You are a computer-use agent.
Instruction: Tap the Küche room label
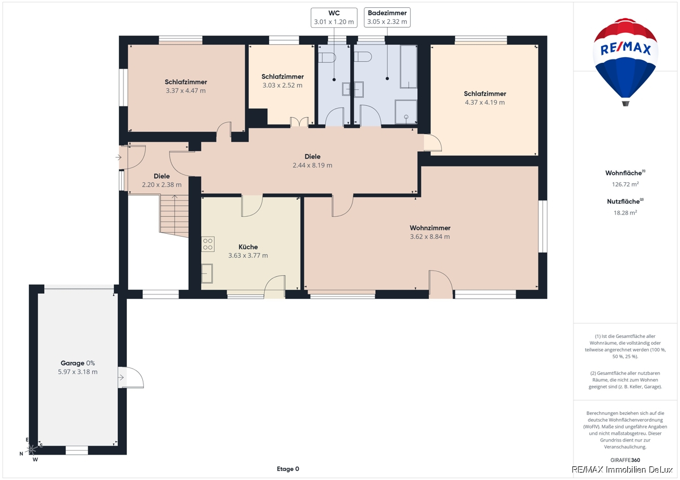click(x=248, y=247)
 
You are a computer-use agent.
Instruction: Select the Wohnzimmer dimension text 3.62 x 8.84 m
click(x=430, y=237)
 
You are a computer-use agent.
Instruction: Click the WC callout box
click(x=334, y=18)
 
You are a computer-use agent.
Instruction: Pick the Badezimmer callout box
click(x=387, y=18)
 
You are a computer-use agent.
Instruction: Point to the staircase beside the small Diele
click(x=175, y=216)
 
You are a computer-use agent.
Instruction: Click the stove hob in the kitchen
click(x=208, y=244)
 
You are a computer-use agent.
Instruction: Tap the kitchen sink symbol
click(x=207, y=273)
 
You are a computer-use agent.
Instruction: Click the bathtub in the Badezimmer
click(x=409, y=67)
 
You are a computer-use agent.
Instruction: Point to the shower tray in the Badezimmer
click(x=406, y=112)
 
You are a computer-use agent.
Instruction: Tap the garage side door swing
click(x=131, y=378)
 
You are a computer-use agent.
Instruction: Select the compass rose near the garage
click(x=31, y=449)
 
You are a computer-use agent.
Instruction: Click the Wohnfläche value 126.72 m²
click(x=626, y=184)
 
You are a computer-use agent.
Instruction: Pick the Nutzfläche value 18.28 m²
click(x=626, y=213)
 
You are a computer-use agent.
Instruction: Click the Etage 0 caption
click(x=288, y=469)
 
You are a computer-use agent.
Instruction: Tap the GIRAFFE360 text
click(x=626, y=460)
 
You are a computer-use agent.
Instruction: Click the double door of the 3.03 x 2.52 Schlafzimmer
click(x=299, y=122)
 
